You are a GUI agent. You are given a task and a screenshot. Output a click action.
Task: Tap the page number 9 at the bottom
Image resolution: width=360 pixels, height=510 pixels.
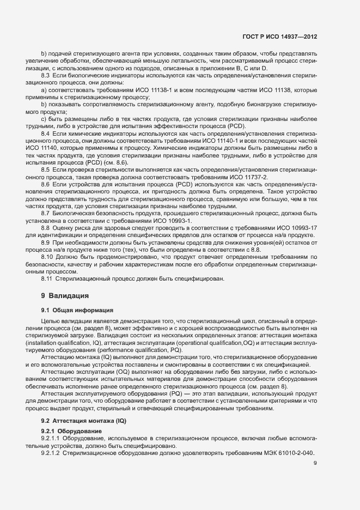[315, 464]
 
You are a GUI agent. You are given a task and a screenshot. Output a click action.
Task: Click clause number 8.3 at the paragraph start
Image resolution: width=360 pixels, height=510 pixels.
[46, 74]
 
